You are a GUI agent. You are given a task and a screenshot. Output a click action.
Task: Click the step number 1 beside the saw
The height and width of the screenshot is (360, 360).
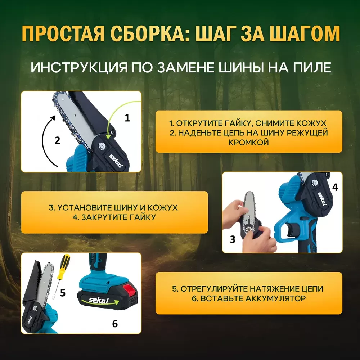tap(127, 118)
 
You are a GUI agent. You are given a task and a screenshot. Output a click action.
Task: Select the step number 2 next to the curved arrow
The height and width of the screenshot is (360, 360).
tap(57, 140)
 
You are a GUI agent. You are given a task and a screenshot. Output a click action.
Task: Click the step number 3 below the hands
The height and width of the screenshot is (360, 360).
tap(233, 239)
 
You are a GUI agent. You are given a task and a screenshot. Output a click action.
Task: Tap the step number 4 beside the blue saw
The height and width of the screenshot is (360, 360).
tap(335, 187)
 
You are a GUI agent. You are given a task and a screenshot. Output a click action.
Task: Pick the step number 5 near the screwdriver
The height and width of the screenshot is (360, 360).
tap(63, 293)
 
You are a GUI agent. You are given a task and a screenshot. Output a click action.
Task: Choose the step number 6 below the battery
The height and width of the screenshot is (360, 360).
tap(115, 324)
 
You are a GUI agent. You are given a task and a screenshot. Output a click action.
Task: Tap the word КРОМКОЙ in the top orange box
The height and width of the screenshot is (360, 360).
tap(249, 142)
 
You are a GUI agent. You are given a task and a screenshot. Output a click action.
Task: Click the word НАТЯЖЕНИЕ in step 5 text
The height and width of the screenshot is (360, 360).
tap(274, 289)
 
